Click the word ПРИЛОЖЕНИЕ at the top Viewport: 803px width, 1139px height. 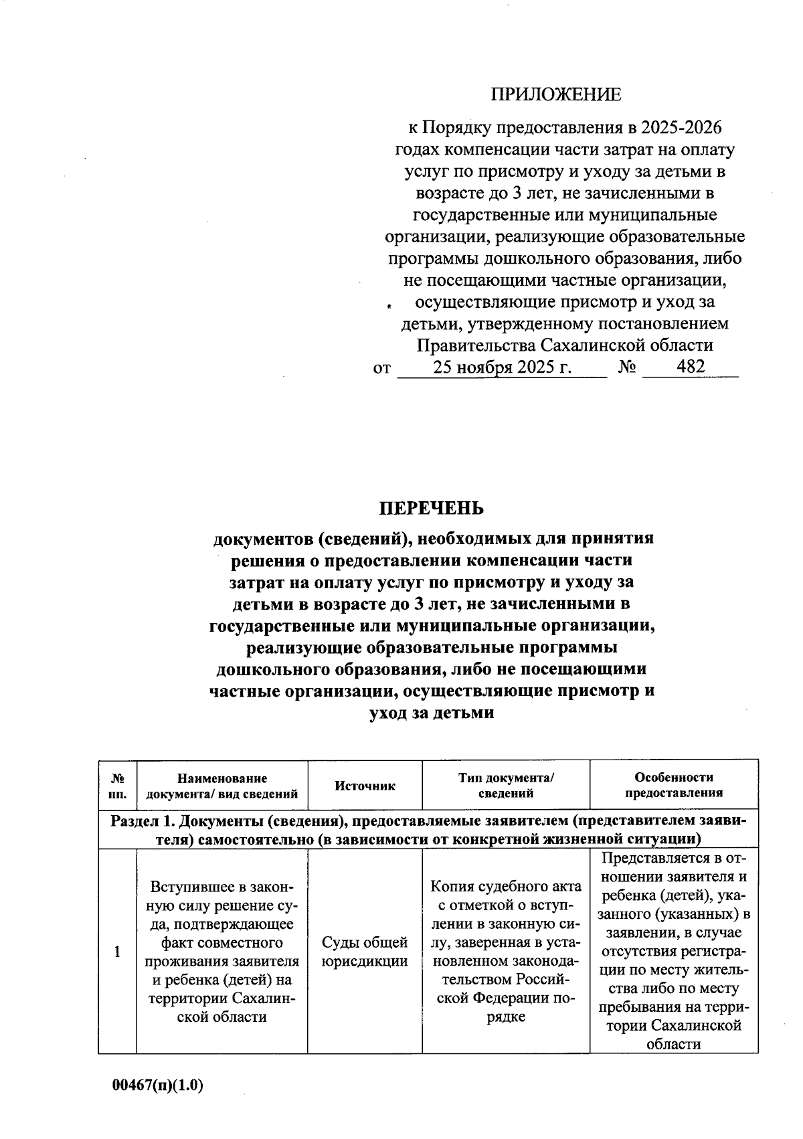coord(555,94)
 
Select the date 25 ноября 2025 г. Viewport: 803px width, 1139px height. coord(502,367)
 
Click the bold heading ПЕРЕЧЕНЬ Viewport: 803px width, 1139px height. coord(431,509)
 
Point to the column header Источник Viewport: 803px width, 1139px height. coord(365,786)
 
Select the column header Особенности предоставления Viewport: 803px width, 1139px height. coord(674,785)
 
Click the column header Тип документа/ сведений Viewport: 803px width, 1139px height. coord(506,785)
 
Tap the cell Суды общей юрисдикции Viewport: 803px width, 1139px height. coord(365,952)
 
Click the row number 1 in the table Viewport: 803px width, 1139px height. coord(118,952)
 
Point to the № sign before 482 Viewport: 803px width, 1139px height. coord(627,367)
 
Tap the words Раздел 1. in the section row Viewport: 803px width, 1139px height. coord(143,821)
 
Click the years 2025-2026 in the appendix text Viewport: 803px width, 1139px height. coord(681,127)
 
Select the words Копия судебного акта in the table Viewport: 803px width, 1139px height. coord(506,887)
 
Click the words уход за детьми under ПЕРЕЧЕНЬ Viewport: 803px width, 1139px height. coord(432,713)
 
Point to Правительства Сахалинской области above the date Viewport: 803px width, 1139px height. coord(564,345)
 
